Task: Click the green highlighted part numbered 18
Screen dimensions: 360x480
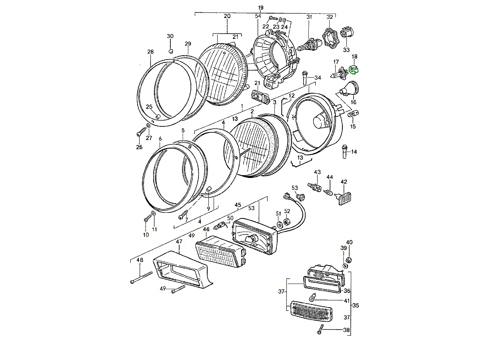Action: click(354, 70)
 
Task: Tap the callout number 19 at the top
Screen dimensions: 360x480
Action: click(261, 8)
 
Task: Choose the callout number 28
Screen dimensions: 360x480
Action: click(150, 52)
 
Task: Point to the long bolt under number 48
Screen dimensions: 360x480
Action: click(142, 277)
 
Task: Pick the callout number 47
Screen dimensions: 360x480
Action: click(179, 242)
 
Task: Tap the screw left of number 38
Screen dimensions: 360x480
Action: click(321, 330)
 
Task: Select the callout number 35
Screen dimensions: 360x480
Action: click(356, 305)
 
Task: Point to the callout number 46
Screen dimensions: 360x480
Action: click(206, 230)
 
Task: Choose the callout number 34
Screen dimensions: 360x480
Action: click(318, 78)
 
